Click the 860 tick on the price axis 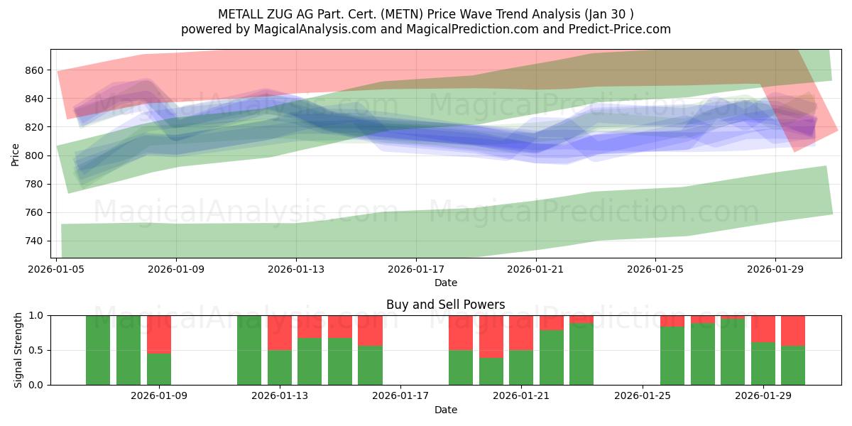35,70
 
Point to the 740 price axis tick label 35,241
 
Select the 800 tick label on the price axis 35,155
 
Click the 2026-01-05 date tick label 57,270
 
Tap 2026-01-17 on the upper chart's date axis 415,270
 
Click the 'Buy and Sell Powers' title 445,305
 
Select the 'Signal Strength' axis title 18,350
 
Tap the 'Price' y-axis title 16,154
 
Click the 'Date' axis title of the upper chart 445,283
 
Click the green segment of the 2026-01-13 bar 280,367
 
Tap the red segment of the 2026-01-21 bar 521,332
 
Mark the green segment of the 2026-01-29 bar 763,364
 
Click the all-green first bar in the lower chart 98,350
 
